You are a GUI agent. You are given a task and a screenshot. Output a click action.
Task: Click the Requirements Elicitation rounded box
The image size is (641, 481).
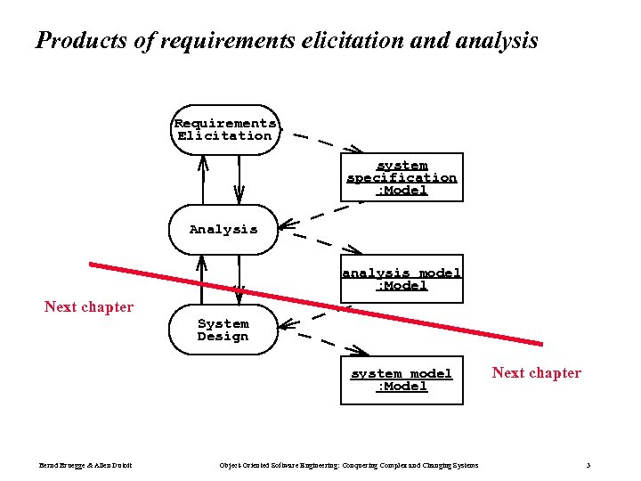pos(224,130)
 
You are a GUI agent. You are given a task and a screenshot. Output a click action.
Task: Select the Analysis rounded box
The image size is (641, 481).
pos(223,230)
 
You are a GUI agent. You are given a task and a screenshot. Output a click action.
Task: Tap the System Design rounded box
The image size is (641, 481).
pos(223,330)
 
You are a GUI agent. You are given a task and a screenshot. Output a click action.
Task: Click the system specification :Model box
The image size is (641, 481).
pos(402,177)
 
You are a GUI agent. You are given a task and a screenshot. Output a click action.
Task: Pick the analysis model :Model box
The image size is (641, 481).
pos(402,279)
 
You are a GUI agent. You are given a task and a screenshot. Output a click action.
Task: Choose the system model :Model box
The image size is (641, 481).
pos(402,379)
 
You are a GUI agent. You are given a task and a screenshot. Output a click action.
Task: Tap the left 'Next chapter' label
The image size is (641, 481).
pos(89,307)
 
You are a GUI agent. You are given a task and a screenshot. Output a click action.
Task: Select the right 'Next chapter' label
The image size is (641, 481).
pos(536,373)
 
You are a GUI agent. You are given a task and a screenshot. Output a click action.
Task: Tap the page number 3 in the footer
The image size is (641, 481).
pos(588,466)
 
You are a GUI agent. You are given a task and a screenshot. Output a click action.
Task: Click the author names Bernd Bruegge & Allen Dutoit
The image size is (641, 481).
pos(85,466)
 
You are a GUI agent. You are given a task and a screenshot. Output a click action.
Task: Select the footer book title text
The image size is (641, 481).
pos(348,466)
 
